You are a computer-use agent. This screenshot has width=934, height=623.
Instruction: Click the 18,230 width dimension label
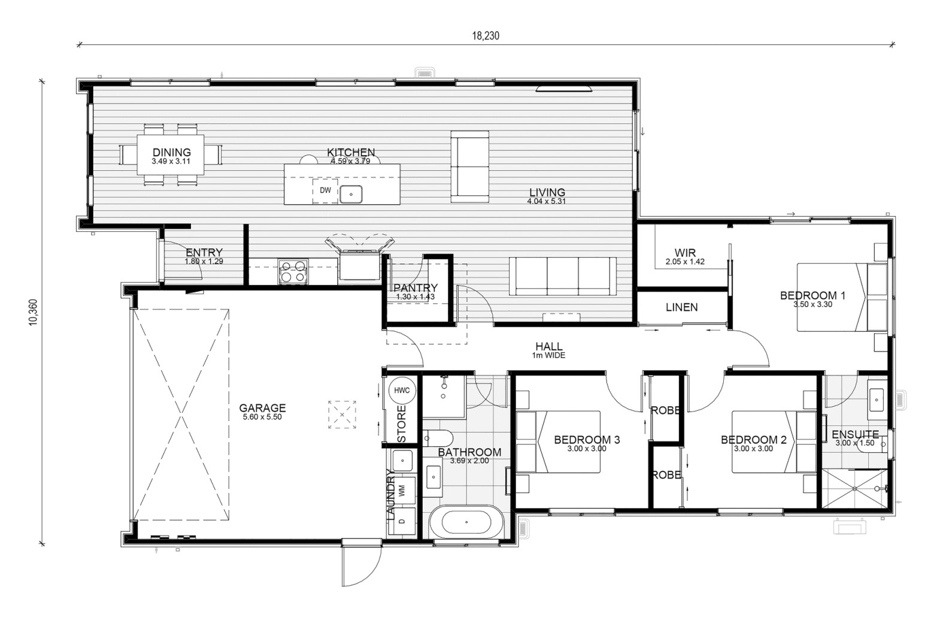tap(486, 36)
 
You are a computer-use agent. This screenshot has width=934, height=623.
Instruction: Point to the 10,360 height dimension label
tap(33, 312)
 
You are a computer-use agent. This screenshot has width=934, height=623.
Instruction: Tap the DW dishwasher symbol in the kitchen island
tap(325, 190)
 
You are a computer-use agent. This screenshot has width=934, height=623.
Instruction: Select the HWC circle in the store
tap(402, 391)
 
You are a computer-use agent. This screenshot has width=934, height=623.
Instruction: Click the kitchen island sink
tap(351, 195)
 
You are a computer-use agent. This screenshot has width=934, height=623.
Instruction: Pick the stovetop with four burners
tap(293, 271)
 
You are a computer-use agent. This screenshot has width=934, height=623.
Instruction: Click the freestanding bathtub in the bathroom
tap(466, 522)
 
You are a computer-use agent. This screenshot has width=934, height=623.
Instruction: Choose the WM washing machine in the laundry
tap(402, 491)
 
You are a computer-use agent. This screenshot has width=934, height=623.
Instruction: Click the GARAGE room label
tap(262, 408)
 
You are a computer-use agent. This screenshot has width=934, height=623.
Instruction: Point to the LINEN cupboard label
tap(682, 307)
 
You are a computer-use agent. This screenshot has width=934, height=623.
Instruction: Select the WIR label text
tap(685, 253)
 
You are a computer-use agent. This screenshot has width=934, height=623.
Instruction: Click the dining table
tap(171, 155)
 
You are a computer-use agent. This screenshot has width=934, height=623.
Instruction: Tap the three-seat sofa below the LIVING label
tap(562, 276)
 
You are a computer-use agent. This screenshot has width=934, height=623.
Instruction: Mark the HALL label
tap(548, 346)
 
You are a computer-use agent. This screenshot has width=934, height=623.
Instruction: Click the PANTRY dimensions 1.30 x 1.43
tap(416, 297)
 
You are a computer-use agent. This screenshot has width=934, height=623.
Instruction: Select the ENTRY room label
tap(204, 252)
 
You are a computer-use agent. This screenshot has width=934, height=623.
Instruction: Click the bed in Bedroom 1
tap(842, 297)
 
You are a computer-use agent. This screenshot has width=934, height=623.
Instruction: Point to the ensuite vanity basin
tap(877, 400)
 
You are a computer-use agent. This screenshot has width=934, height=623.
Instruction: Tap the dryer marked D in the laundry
tap(402, 521)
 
